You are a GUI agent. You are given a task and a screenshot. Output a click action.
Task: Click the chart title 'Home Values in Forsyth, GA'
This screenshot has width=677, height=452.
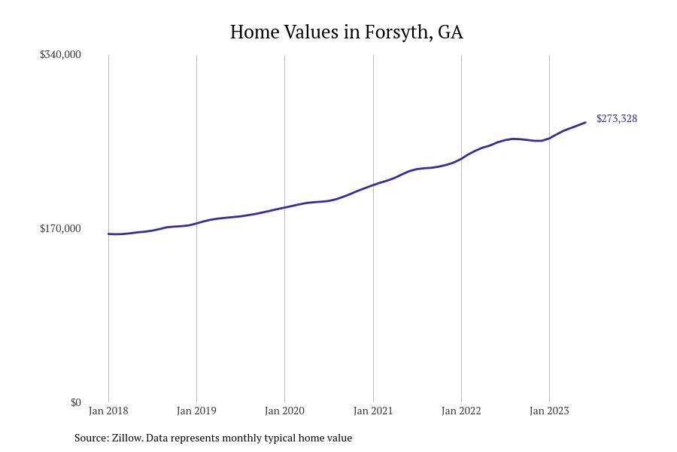[x=346, y=32]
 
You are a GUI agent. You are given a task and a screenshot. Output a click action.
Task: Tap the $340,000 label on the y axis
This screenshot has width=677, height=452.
[x=60, y=54]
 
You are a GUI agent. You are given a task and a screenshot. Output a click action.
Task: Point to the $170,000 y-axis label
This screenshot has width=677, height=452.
[x=60, y=228]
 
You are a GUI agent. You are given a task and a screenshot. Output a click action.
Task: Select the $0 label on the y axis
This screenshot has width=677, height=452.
[x=75, y=402]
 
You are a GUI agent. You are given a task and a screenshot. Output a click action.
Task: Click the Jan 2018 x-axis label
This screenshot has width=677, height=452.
[x=108, y=411]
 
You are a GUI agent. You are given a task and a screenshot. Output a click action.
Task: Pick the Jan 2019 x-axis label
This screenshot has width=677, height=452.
[x=196, y=411]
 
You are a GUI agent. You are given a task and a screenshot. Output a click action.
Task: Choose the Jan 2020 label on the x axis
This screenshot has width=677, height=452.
[x=284, y=411]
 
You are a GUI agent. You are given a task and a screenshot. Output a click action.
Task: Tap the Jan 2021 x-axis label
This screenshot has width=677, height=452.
[x=373, y=411]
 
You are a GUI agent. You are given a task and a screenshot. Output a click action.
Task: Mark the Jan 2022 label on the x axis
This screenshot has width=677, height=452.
[x=461, y=411]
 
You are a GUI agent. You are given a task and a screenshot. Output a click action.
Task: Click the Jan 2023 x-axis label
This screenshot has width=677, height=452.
[x=549, y=411]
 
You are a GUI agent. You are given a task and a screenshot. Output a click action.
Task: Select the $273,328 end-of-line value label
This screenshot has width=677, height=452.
[x=617, y=118]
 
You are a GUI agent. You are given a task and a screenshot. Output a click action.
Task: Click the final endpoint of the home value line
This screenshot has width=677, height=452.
[x=585, y=122]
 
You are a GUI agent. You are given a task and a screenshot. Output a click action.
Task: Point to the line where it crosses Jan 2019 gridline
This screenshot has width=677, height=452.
[x=196, y=223]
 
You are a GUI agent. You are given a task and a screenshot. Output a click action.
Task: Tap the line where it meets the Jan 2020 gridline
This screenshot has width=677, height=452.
[x=284, y=207]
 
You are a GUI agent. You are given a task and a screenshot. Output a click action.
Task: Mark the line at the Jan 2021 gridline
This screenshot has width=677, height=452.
[x=373, y=185]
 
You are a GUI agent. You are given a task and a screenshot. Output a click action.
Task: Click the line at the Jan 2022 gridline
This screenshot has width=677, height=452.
[x=461, y=158]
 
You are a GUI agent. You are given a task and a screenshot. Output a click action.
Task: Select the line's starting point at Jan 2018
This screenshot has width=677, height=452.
[x=108, y=234]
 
